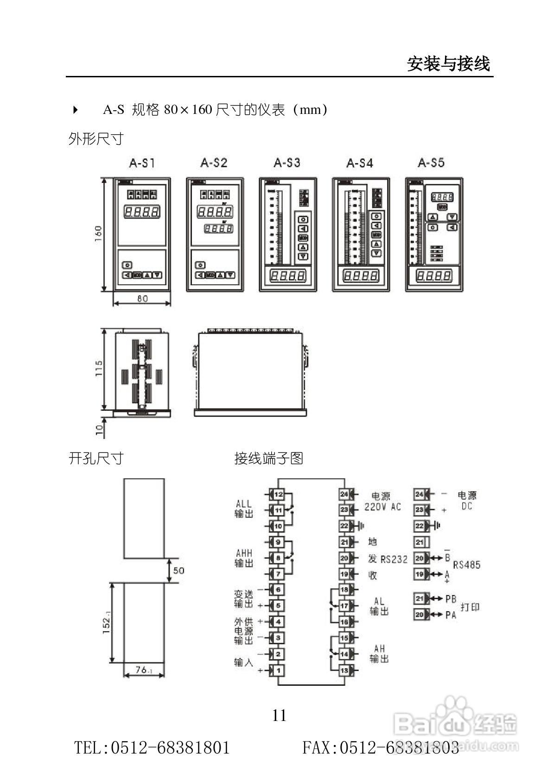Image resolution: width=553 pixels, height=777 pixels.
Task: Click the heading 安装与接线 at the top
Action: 448,63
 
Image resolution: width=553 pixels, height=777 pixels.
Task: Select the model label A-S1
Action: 142,163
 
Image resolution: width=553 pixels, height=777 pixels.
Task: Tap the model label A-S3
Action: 287,163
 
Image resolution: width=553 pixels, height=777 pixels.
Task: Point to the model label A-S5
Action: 431,163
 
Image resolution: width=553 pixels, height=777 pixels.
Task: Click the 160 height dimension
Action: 98,234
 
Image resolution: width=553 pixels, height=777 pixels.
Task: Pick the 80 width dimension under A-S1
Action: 142,299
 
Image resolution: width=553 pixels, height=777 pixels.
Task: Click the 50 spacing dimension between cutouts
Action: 178,570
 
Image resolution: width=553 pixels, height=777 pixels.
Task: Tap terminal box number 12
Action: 278,495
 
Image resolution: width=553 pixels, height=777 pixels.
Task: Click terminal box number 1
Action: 278,670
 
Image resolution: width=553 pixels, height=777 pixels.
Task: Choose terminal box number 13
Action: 344,670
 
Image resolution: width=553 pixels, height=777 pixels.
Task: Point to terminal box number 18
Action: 344,589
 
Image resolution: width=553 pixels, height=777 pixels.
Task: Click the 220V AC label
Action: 382,507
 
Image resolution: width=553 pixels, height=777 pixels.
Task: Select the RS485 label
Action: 466,565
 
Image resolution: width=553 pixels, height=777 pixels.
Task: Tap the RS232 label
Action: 394,559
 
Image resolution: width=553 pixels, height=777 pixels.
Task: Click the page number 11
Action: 279,715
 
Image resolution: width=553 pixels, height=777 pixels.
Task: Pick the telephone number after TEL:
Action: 170,747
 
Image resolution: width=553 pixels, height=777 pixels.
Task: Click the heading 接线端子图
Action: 268,458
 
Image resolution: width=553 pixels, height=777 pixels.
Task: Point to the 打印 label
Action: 470,607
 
